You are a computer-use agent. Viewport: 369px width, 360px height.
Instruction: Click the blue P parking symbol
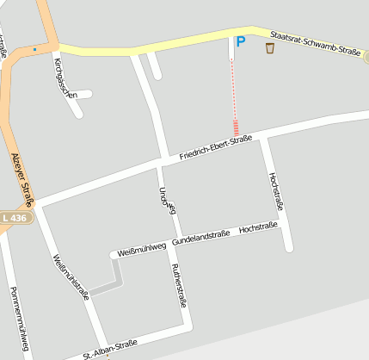click(x=241, y=41)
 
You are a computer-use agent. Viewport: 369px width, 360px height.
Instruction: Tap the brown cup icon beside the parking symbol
click(x=270, y=47)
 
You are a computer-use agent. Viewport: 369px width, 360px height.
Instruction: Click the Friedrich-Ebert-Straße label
click(x=215, y=147)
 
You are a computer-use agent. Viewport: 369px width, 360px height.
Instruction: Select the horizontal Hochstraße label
click(x=258, y=228)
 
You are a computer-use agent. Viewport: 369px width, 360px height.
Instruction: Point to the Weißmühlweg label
click(x=140, y=248)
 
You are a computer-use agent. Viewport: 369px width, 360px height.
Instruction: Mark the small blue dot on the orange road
click(x=34, y=49)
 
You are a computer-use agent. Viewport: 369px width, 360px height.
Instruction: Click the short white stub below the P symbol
click(x=231, y=50)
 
